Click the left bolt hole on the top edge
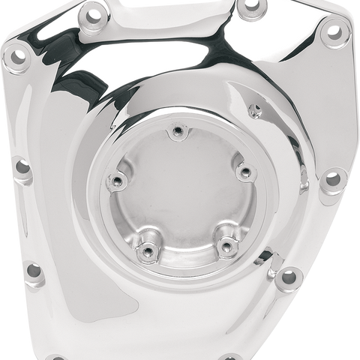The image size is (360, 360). click(x=93, y=13)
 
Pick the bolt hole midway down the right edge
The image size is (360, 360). click(x=331, y=181)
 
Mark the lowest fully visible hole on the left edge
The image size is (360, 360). click(x=34, y=271)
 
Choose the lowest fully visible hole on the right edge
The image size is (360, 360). click(x=287, y=278)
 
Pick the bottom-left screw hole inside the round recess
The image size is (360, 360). click(x=148, y=250)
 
